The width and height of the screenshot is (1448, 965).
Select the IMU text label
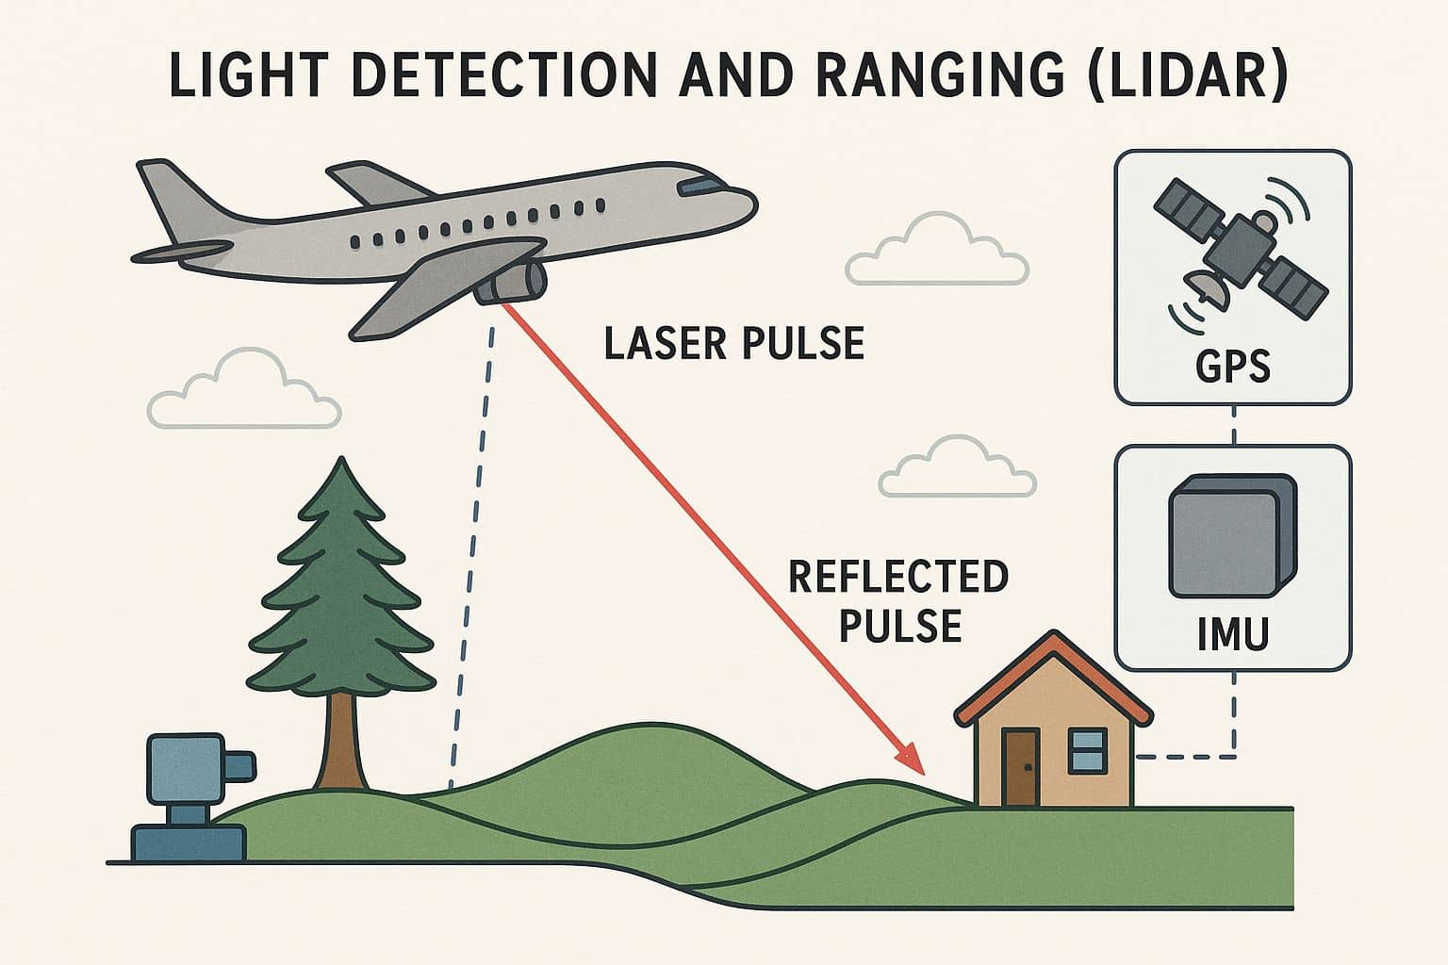(1232, 633)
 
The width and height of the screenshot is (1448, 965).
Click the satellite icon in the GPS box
(1230, 247)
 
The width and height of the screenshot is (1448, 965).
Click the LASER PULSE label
(733, 344)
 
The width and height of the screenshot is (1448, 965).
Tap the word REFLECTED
(897, 577)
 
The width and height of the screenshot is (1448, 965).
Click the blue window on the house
(1088, 750)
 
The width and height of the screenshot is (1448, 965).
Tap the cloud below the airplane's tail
(243, 394)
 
